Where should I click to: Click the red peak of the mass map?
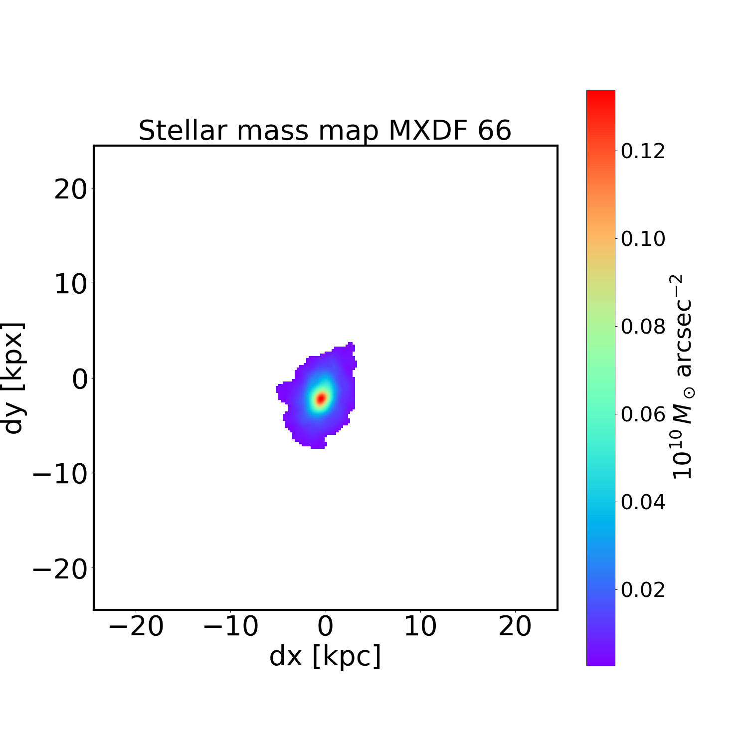pos(321,398)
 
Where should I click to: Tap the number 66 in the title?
pos(494,131)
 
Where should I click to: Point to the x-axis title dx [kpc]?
pos(325,656)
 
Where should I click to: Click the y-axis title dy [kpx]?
pos(13,378)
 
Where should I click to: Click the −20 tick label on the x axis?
pos(136,626)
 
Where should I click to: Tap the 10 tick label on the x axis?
pos(420,626)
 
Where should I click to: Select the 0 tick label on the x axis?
pos(325,626)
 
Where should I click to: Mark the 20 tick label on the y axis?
pos(70,189)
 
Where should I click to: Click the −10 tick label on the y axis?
pos(60,473)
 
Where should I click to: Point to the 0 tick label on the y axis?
pos(80,379)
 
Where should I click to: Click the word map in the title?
pos(349,131)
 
